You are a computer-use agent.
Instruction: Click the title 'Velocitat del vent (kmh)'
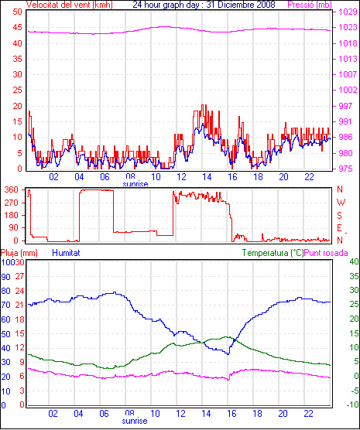pyautogui.click(x=70, y=5)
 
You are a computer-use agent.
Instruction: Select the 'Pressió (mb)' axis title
pyautogui.click(x=310, y=5)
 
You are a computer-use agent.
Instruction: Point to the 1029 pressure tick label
pyautogui.click(x=348, y=12)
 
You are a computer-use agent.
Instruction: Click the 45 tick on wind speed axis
pyautogui.click(x=17, y=28)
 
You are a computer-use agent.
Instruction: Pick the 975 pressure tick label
pyautogui.click(x=345, y=169)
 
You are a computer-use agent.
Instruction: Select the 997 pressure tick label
pyautogui.click(x=345, y=106)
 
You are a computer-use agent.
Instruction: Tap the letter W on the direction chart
pyautogui.click(x=341, y=203)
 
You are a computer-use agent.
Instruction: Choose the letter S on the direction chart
pyautogui.click(x=339, y=216)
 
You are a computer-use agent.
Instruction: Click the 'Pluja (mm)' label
pyautogui.click(x=19, y=253)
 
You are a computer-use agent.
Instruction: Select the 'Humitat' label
pyautogui.click(x=66, y=253)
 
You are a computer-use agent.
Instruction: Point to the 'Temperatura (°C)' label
pyautogui.click(x=273, y=253)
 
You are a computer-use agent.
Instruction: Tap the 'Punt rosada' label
pyautogui.click(x=326, y=253)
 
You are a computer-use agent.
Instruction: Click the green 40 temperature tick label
pyautogui.click(x=354, y=261)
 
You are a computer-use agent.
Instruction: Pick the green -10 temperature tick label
pyautogui.click(x=352, y=404)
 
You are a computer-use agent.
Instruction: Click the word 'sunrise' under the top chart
pyautogui.click(x=135, y=184)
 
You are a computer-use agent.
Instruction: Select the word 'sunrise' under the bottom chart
pyautogui.click(x=135, y=421)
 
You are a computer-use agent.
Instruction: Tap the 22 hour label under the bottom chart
pyautogui.click(x=308, y=413)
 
